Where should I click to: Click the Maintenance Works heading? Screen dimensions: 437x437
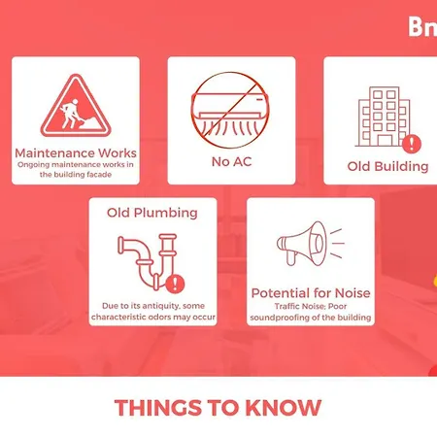click(76, 153)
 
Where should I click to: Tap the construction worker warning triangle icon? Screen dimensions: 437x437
click(76, 106)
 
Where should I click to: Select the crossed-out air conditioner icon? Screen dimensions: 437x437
click(230, 110)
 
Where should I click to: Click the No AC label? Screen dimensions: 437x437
click(231, 161)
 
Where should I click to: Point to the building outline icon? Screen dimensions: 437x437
click(384, 117)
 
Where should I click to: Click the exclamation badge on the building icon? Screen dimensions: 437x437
click(412, 143)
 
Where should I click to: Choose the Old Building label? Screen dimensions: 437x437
click(387, 166)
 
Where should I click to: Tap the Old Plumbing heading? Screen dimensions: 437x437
click(152, 213)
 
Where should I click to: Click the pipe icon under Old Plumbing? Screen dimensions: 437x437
click(148, 260)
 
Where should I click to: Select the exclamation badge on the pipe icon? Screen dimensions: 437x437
click(175, 284)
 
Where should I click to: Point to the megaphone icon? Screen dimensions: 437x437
click(310, 244)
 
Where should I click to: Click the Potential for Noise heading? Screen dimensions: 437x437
click(311, 293)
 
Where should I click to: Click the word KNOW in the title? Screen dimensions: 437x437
click(284, 408)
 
